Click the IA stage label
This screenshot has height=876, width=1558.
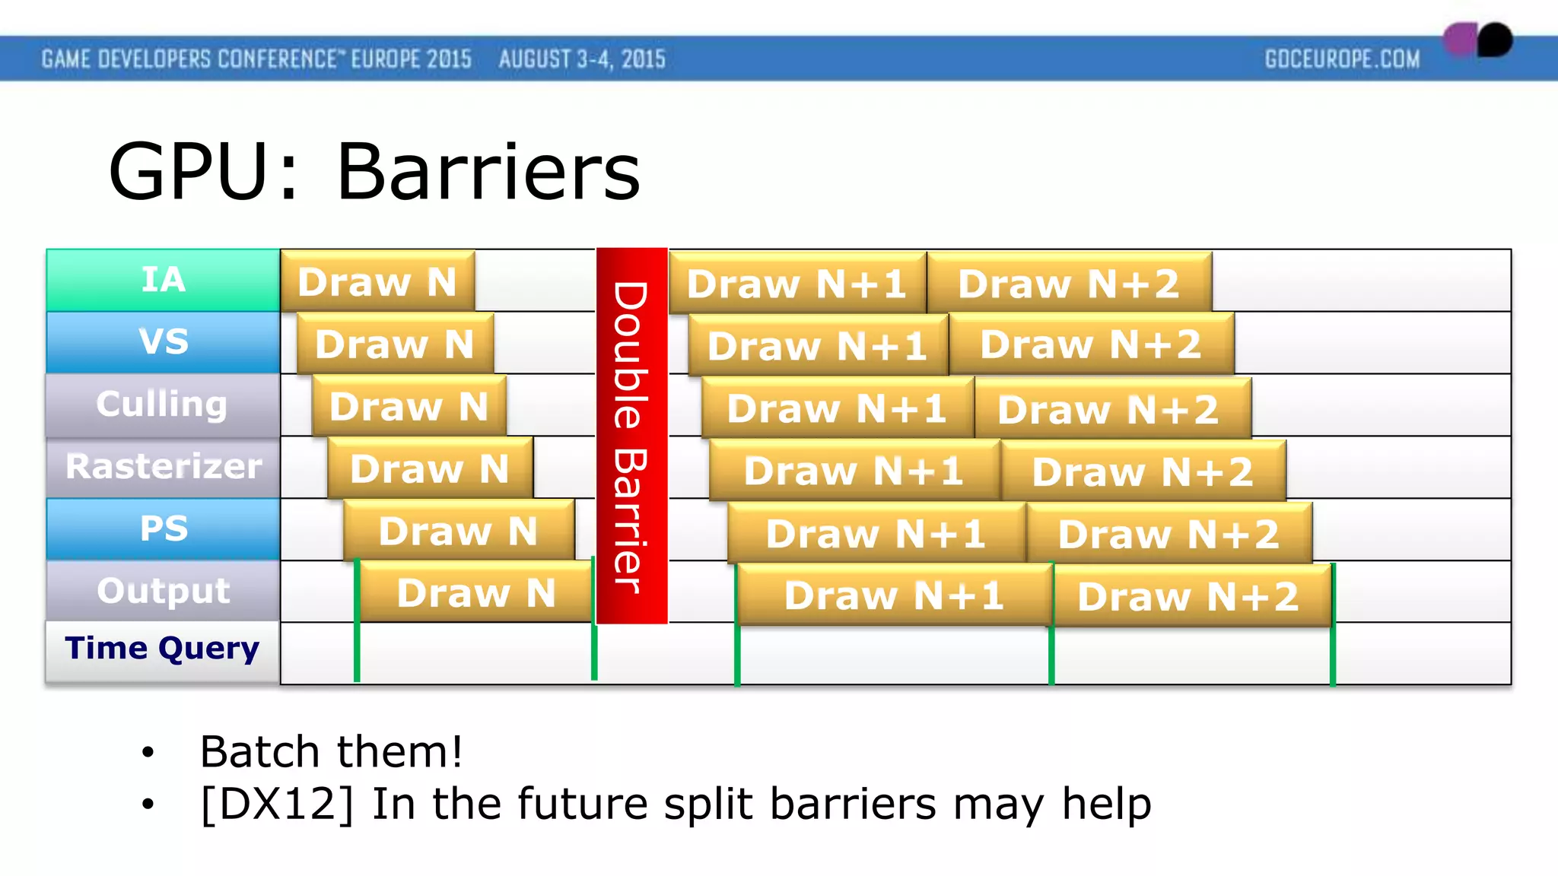point(163,280)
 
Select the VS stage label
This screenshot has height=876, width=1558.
point(163,342)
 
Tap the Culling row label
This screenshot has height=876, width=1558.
point(163,405)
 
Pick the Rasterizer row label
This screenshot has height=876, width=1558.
point(163,467)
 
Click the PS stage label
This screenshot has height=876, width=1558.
point(163,529)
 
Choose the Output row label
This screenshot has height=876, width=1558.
point(163,591)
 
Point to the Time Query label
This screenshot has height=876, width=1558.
point(163,649)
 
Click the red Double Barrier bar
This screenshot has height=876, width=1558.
point(631,436)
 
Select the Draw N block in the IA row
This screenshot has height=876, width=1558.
point(377,281)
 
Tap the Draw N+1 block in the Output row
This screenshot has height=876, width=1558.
point(894,595)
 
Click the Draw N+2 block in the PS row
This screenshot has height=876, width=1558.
point(1168,534)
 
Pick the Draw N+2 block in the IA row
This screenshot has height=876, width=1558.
point(1069,284)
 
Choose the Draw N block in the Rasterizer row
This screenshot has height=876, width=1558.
point(430,469)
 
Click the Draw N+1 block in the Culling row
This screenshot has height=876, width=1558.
point(837,408)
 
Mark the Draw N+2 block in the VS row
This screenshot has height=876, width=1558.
point(1091,345)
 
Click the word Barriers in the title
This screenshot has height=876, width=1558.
point(488,173)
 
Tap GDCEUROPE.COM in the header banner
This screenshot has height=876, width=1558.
point(1342,59)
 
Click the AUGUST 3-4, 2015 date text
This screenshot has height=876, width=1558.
point(582,59)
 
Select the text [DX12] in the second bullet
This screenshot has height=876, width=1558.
point(277,805)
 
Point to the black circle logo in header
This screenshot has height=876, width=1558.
point(1495,40)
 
